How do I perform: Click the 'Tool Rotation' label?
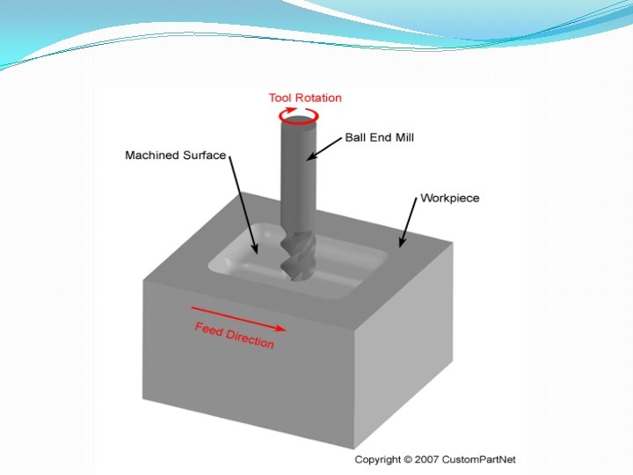coord(304,98)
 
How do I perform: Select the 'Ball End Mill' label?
coord(379,137)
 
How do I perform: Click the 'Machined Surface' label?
coord(175,156)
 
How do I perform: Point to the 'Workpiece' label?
coord(450,198)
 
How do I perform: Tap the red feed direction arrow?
coord(238,318)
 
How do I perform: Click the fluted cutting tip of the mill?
coord(295,256)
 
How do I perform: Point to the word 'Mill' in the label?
coord(403,137)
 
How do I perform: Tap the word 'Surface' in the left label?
coord(205,156)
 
